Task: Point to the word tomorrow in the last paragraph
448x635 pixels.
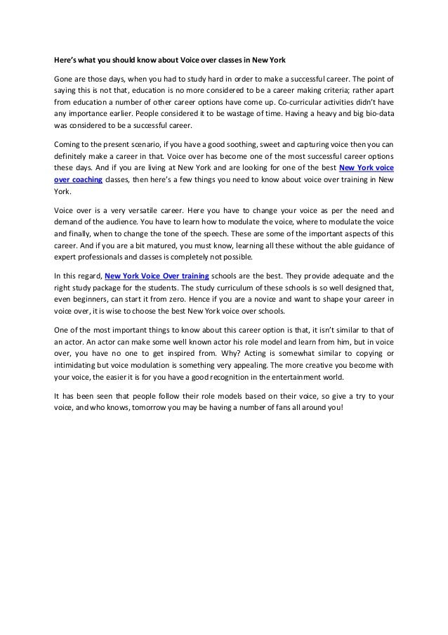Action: [x=170, y=408]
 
